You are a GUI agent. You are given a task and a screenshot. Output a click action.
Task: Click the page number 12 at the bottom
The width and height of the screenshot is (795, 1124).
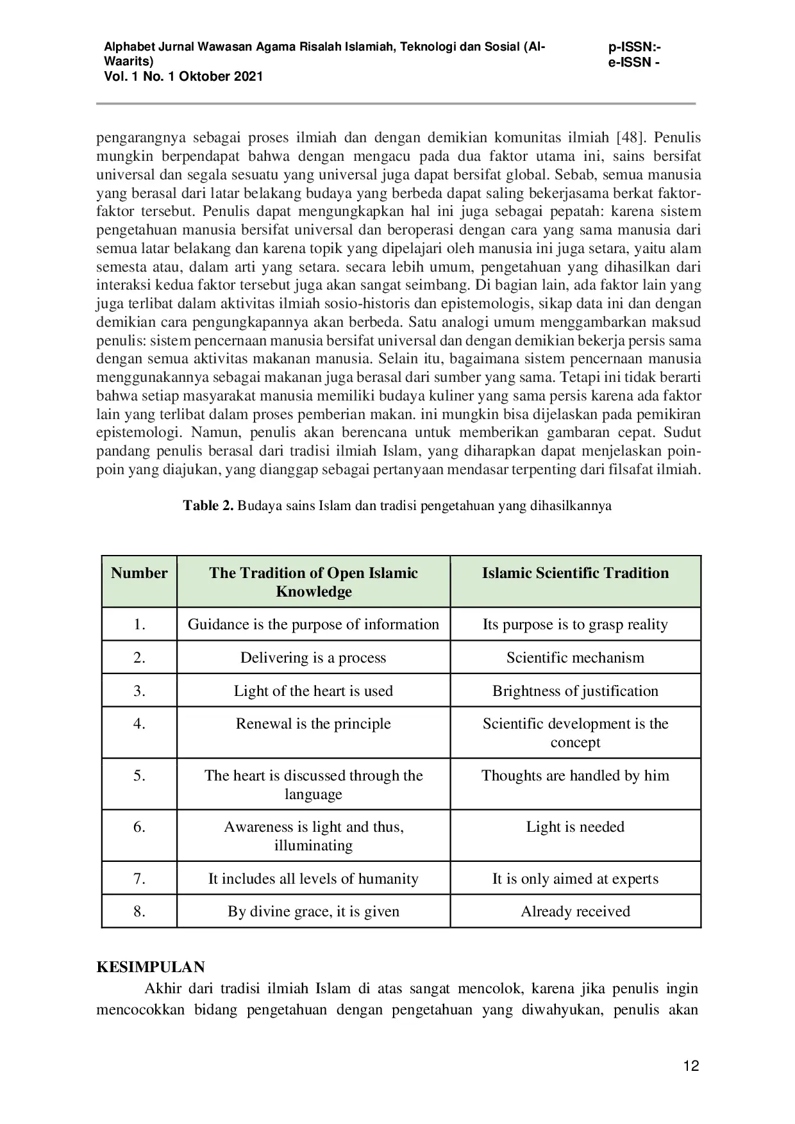pos(691,1066)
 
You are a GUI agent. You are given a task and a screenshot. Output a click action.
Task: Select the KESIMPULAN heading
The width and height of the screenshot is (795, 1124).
pos(151,967)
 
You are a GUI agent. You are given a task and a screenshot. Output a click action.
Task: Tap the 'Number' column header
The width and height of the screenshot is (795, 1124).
pos(139,573)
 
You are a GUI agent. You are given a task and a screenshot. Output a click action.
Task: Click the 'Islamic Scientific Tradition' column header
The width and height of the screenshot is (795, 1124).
pos(575,573)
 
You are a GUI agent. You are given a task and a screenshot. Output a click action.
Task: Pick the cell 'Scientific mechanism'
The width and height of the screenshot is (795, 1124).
pos(575,657)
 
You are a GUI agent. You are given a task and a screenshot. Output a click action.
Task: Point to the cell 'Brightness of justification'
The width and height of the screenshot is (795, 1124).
pos(575,691)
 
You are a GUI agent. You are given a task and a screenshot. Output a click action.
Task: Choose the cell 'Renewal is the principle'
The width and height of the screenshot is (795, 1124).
pos(313,723)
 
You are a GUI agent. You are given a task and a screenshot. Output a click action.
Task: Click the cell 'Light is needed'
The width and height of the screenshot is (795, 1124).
pos(575,827)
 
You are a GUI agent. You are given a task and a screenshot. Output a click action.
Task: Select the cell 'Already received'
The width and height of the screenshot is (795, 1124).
pos(575,911)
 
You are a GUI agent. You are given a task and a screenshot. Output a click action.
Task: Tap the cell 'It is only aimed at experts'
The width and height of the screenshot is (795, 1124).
pos(575,879)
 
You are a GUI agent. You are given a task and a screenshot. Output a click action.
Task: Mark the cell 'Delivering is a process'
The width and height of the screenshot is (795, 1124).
pos(313,657)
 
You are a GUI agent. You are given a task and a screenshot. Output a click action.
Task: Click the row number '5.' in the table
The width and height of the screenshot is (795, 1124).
pos(139,775)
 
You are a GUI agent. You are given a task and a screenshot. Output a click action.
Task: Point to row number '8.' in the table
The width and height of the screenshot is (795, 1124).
pos(139,911)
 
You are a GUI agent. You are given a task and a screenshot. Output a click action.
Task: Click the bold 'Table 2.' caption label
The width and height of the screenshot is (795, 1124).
pos(208,506)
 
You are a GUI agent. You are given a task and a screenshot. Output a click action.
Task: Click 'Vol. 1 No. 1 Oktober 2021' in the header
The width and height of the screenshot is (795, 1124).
pos(183,76)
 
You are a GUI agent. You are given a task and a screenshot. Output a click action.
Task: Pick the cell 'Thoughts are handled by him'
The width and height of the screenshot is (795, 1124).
pos(575,775)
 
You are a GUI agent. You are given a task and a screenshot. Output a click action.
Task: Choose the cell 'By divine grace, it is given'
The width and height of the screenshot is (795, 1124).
pos(313,911)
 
